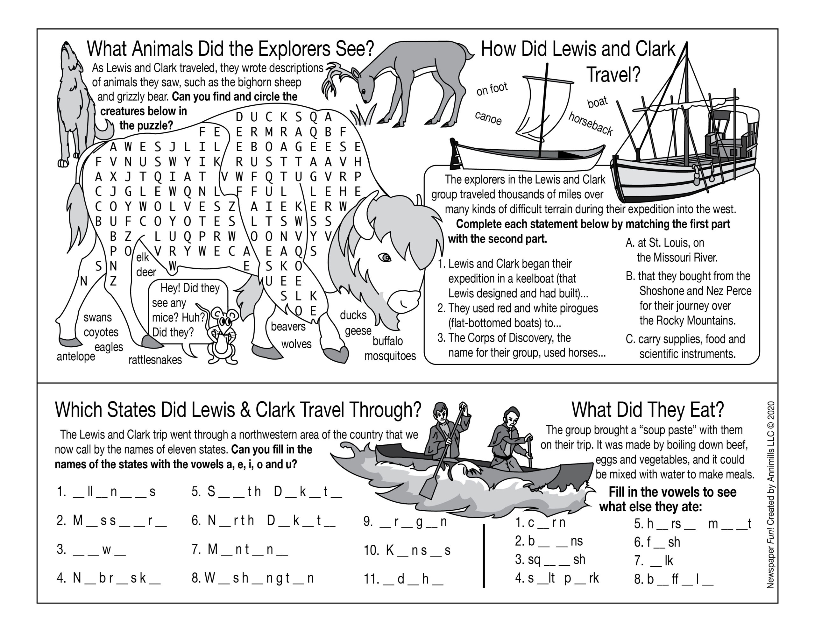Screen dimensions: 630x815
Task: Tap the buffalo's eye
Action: click(x=385, y=258)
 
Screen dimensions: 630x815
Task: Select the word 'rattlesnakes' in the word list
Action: click(x=155, y=360)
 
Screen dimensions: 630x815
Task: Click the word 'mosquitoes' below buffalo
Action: click(x=390, y=356)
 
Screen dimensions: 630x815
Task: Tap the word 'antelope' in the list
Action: click(x=76, y=357)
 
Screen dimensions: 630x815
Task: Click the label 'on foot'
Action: click(x=492, y=89)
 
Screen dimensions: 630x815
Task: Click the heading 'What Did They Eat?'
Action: click(x=648, y=410)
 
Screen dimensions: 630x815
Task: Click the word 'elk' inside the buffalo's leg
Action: click(x=143, y=257)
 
